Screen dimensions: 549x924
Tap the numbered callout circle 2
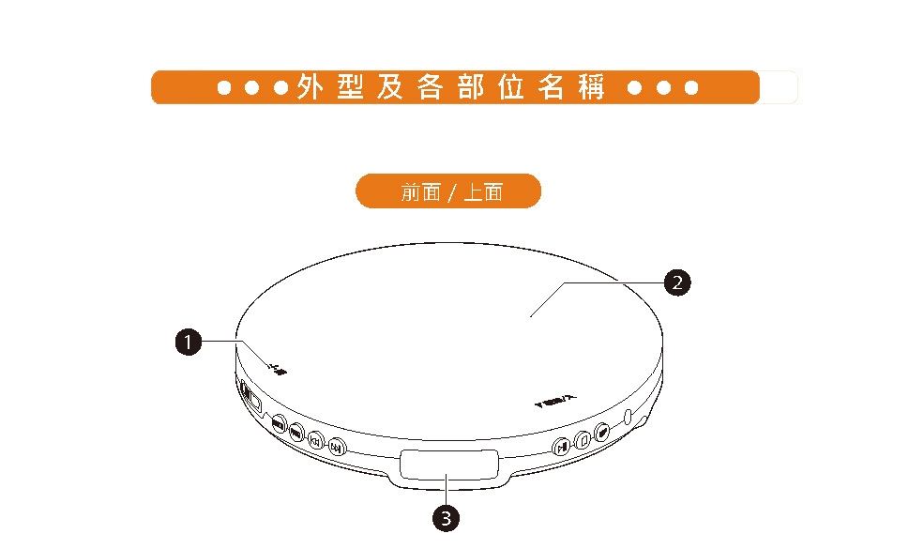click(x=677, y=282)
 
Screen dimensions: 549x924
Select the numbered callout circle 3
click(x=447, y=517)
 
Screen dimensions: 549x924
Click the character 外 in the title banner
click(x=311, y=87)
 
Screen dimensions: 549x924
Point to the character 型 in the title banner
click(x=351, y=87)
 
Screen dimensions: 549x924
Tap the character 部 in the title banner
click(x=471, y=87)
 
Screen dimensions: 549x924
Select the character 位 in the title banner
click(x=511, y=87)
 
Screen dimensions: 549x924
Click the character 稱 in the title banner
click(x=592, y=87)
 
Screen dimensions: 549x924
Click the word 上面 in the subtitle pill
click(x=483, y=191)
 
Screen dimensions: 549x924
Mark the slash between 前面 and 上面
click(x=451, y=191)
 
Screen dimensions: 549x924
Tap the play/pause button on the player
click(x=560, y=446)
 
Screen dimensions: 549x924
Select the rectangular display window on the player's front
click(x=448, y=465)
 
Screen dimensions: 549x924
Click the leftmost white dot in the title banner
click(x=224, y=87)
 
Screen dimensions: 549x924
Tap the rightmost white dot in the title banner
click(x=691, y=87)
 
